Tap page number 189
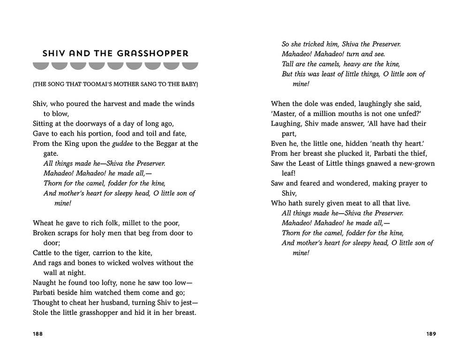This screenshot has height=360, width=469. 431,334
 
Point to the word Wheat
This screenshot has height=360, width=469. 43,223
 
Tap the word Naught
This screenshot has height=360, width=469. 44,283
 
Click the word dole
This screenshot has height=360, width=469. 316,104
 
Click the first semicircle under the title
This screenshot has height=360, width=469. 40,65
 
